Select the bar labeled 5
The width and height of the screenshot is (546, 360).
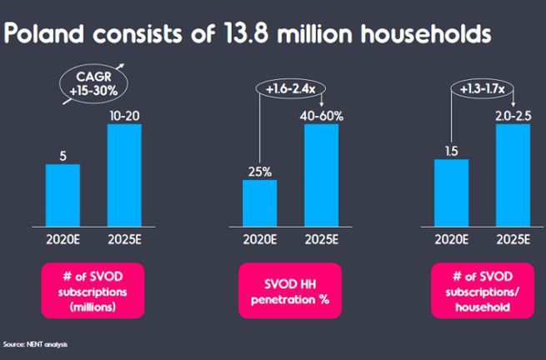point(63,193)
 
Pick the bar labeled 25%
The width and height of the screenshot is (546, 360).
point(260,202)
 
